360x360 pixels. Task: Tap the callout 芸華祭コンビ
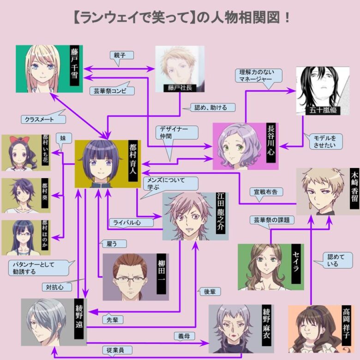pos(112,91)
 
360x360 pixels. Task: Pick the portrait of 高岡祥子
pos(314,329)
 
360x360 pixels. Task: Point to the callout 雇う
pos(108,244)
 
